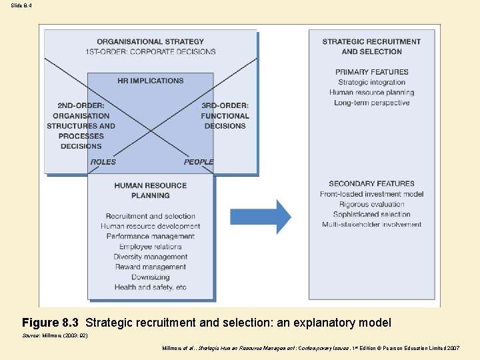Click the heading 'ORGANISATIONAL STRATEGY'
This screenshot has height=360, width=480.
point(151,41)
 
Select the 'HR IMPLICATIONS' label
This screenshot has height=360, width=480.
point(151,81)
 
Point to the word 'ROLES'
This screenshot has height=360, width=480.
point(103,162)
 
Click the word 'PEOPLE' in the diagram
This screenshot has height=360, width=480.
point(199,162)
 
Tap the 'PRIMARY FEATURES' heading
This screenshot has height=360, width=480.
point(371,72)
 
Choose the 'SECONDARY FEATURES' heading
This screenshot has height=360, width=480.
point(371,183)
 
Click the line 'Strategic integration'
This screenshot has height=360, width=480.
point(371,82)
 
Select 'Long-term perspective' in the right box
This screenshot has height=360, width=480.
point(371,103)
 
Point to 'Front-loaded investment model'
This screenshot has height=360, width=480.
point(371,194)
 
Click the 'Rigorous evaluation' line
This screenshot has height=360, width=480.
point(371,204)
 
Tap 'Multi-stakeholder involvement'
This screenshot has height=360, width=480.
point(371,225)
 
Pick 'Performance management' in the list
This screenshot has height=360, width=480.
point(151,236)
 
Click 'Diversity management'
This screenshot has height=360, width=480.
point(151,257)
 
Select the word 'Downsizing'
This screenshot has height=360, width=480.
point(151,277)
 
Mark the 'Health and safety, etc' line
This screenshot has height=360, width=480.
point(151,287)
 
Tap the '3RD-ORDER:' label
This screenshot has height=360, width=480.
point(225,105)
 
